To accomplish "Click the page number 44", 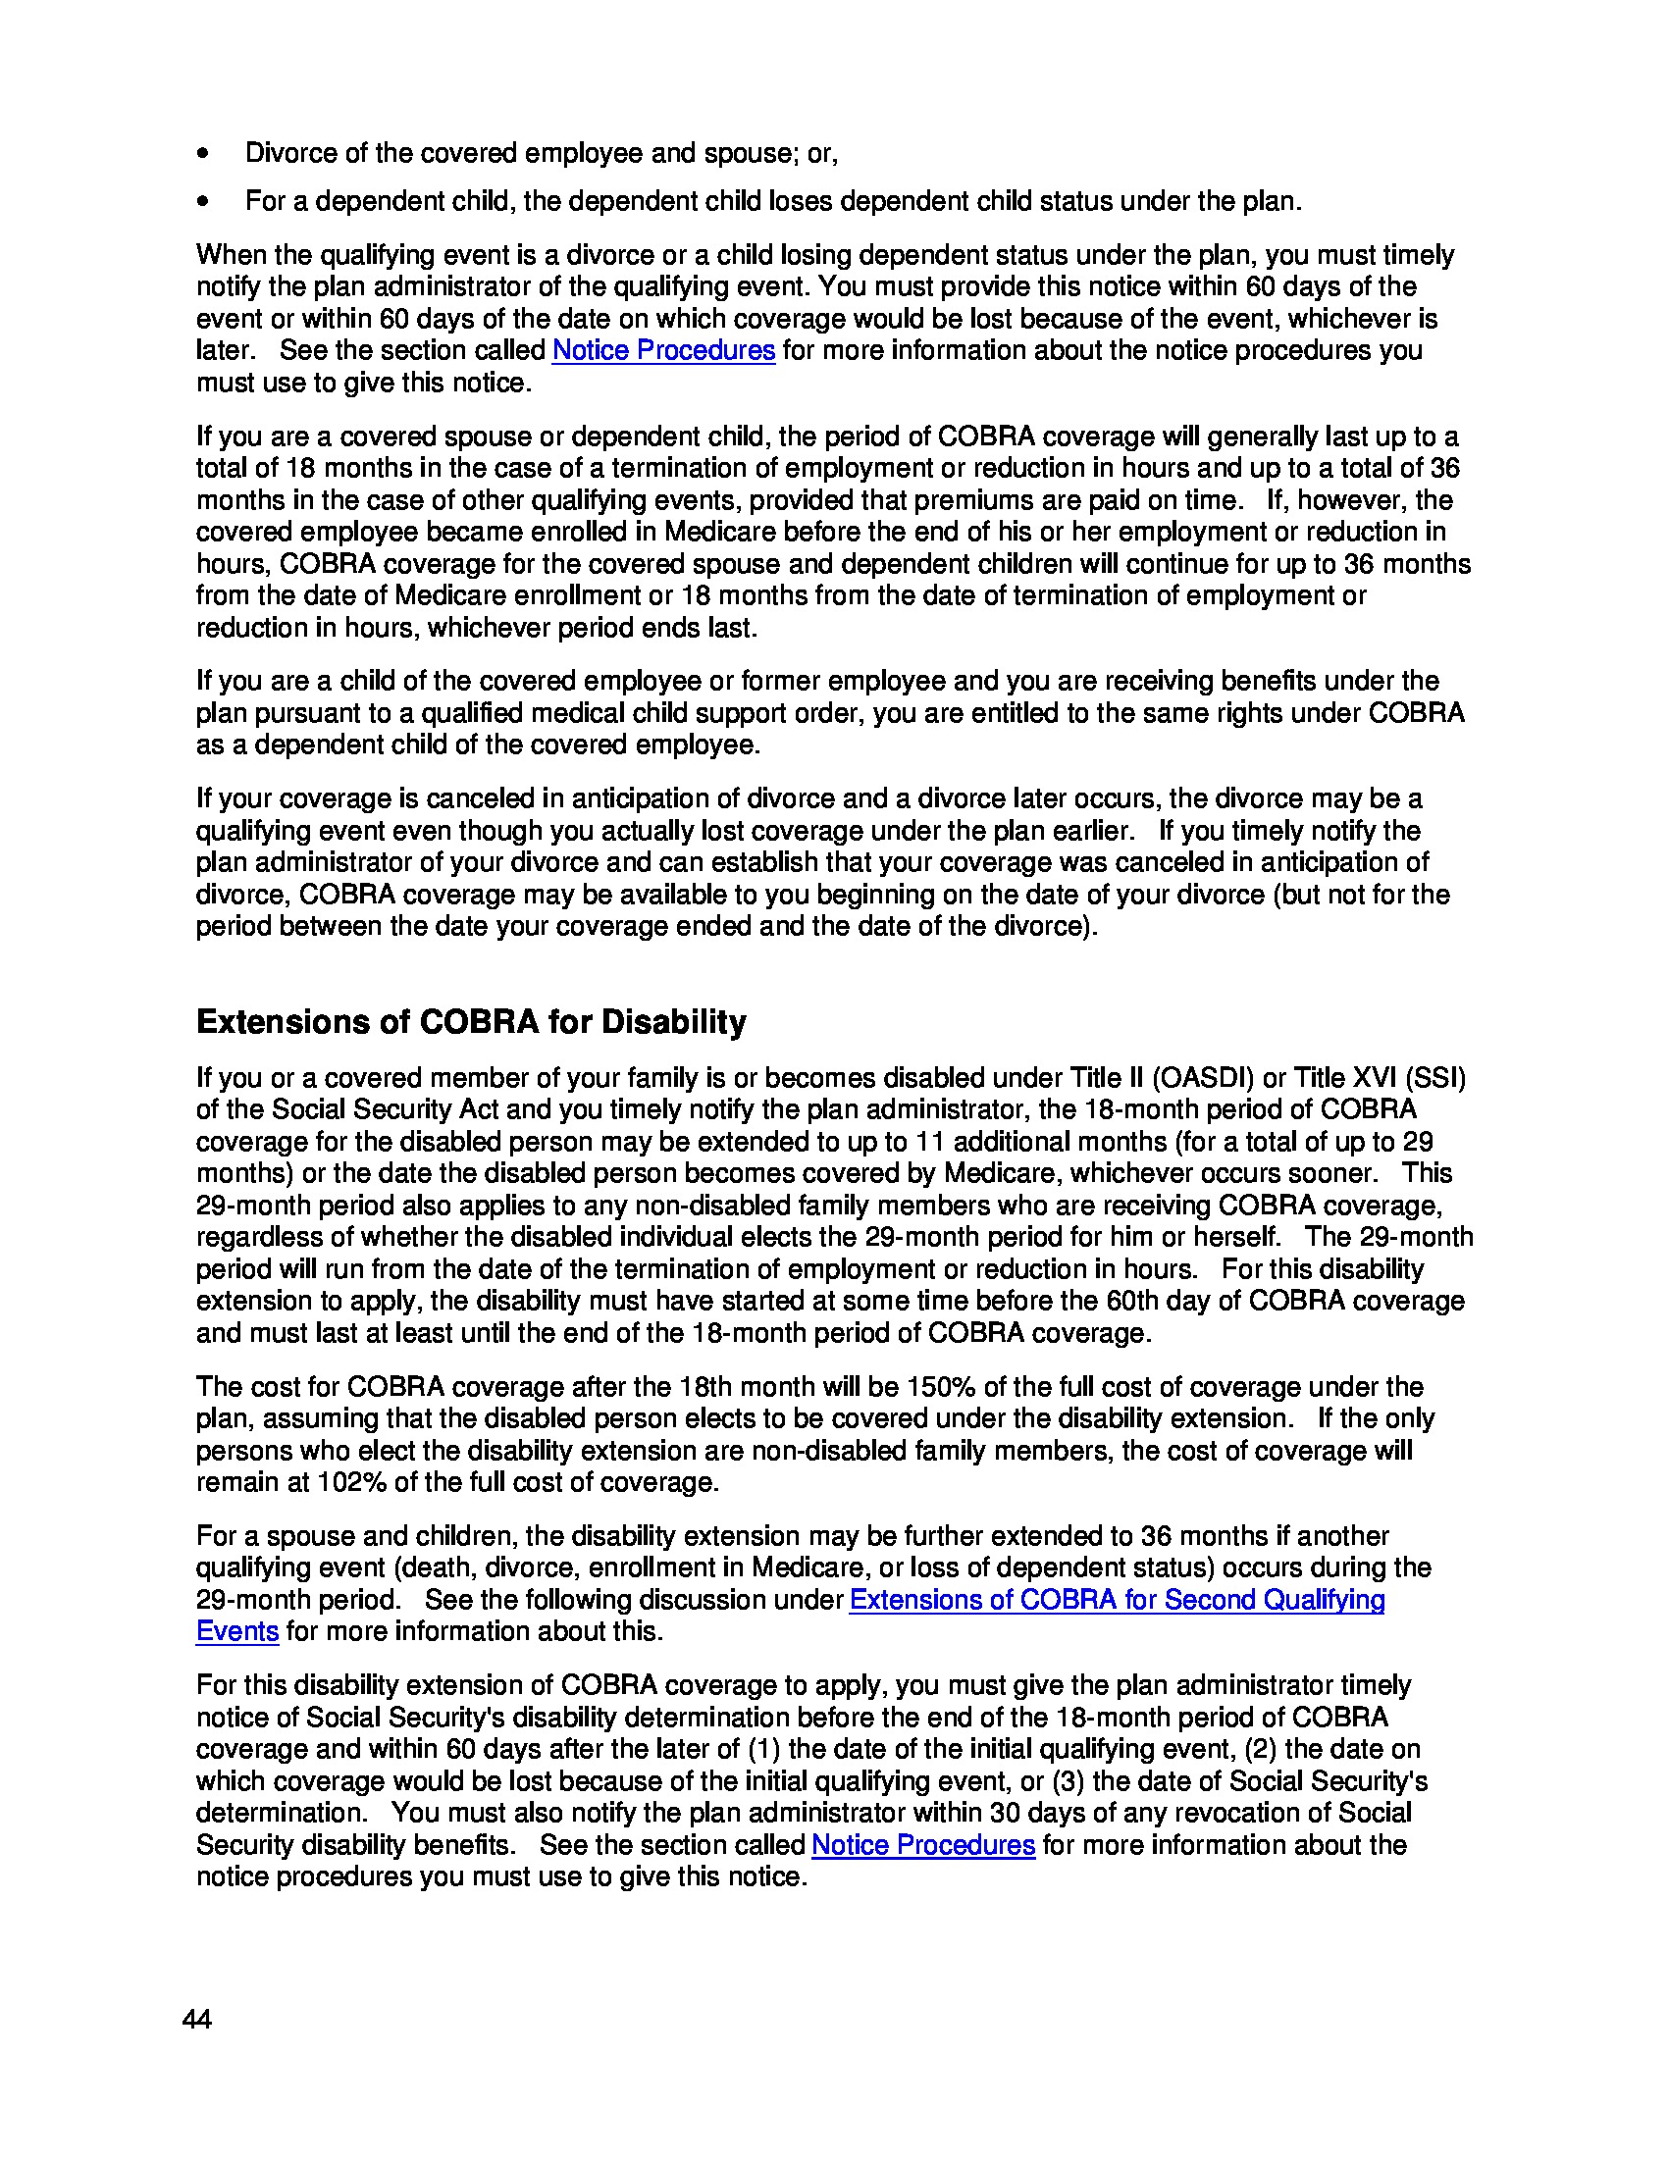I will [196, 2020].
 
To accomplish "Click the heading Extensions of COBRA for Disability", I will [471, 1022].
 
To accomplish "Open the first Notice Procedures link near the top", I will [663, 351].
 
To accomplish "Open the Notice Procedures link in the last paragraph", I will [923, 1845].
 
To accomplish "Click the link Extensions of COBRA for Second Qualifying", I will [1117, 1600].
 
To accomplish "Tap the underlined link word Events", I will [237, 1631].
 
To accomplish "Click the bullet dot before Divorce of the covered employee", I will [203, 154].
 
